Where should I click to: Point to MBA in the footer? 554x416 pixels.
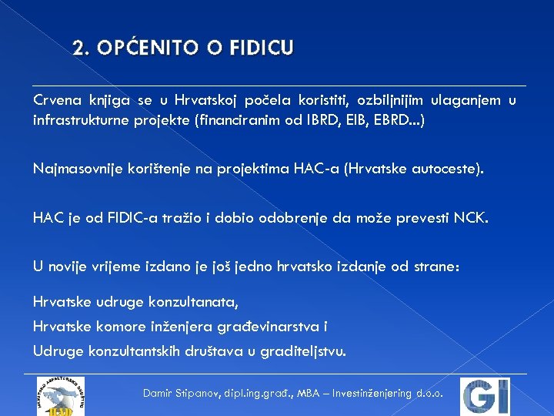[x=305, y=393]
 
